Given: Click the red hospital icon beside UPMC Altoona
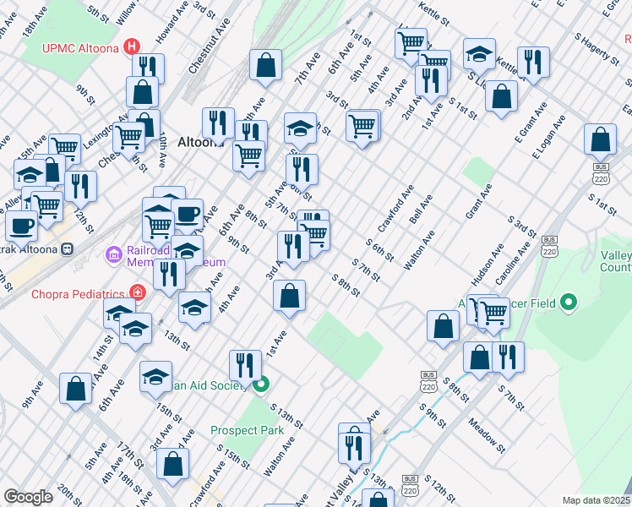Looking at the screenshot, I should click(x=132, y=46).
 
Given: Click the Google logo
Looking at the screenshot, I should click(x=29, y=497).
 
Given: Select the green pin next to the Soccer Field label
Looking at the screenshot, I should click(x=569, y=302).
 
